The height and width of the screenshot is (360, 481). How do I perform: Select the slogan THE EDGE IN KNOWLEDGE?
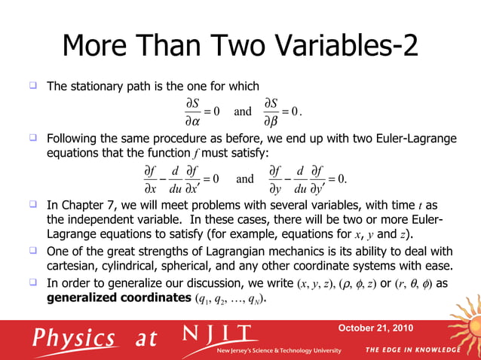point(412,350)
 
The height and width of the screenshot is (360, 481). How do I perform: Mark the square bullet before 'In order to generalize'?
point(33,282)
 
